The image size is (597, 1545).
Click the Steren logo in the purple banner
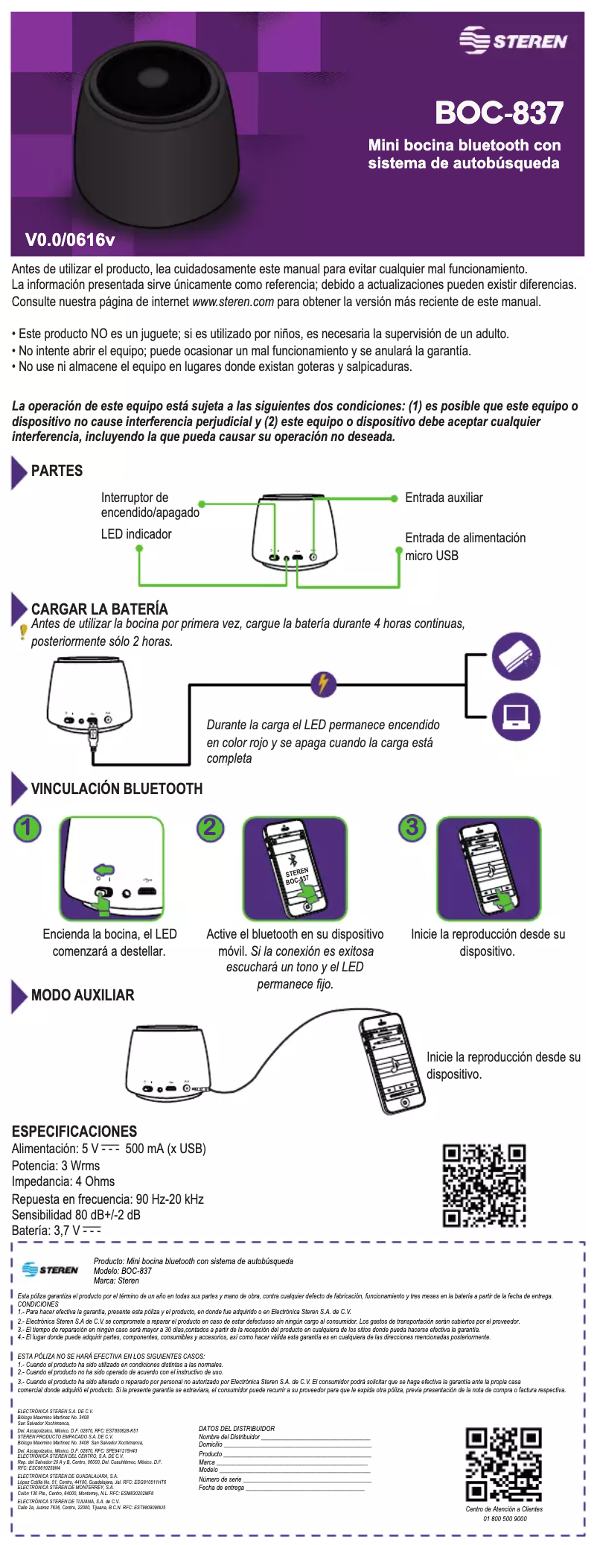pos(513,40)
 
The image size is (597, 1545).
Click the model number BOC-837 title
pos(499,113)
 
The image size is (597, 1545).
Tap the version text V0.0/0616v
pos(70,240)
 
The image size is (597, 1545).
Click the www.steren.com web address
pos(233,302)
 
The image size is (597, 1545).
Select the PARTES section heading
pos(57,471)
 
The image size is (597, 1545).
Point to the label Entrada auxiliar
pos(444,498)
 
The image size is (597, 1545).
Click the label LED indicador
pos(136,534)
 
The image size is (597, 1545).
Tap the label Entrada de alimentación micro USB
pos(464,547)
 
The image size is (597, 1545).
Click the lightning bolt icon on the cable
pos(323,683)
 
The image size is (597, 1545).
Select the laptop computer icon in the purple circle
pos(516,717)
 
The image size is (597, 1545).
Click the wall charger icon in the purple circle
pos(516,656)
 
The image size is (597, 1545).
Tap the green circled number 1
pos(28,828)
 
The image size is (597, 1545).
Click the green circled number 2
pos(211,828)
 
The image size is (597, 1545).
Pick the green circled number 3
pos(412,827)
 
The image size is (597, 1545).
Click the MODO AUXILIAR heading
pos(83,995)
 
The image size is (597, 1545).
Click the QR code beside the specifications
pos(484,1185)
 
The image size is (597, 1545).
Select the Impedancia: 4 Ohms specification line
pos(63,1181)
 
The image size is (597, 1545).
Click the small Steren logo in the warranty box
pos(50,1269)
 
